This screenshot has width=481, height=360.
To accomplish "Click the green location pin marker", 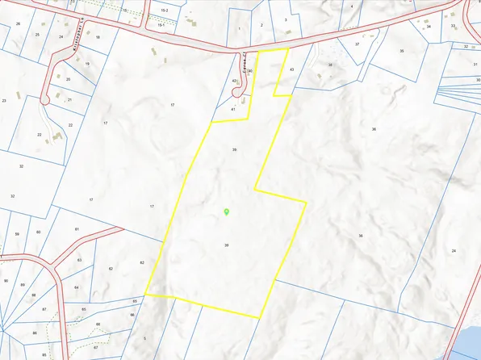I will click(x=227, y=211).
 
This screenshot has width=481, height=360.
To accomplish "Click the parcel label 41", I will click(x=232, y=108).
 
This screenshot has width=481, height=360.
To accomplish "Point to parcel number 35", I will click(x=401, y=51).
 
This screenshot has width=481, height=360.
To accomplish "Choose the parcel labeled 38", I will click(x=329, y=65).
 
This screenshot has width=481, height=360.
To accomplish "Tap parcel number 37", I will click(x=357, y=44).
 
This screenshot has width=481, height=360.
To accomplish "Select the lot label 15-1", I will click(x=161, y=25).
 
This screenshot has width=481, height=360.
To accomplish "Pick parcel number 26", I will click(x=18, y=24).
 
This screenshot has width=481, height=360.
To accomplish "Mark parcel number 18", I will click(x=98, y=37).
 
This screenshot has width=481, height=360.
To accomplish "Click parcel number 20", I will click(x=68, y=79).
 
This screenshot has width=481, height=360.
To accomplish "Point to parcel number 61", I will click(x=77, y=230).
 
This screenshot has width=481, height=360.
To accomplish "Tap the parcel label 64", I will click(x=76, y=287).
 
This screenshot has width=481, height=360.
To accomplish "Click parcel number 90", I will click(x=6, y=281).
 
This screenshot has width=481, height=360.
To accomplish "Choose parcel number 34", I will click(x=429, y=27).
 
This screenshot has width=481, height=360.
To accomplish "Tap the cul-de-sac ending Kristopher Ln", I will click(x=46, y=98).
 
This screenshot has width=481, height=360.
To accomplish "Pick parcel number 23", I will click(x=4, y=100).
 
